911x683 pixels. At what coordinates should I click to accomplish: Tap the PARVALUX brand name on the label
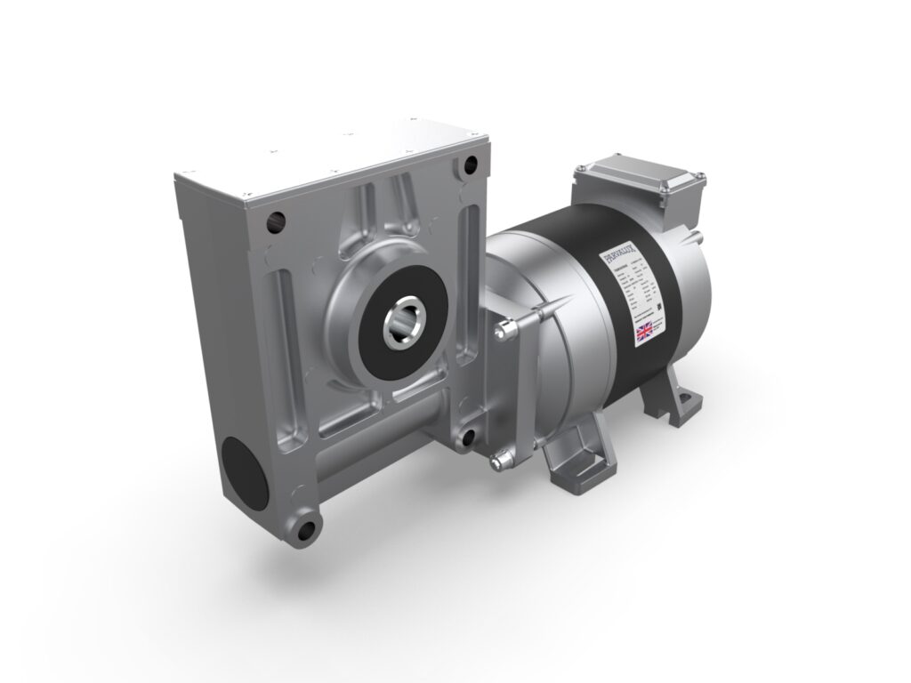coord(631,254)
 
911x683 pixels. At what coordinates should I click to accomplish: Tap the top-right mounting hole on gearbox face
coord(471,165)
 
